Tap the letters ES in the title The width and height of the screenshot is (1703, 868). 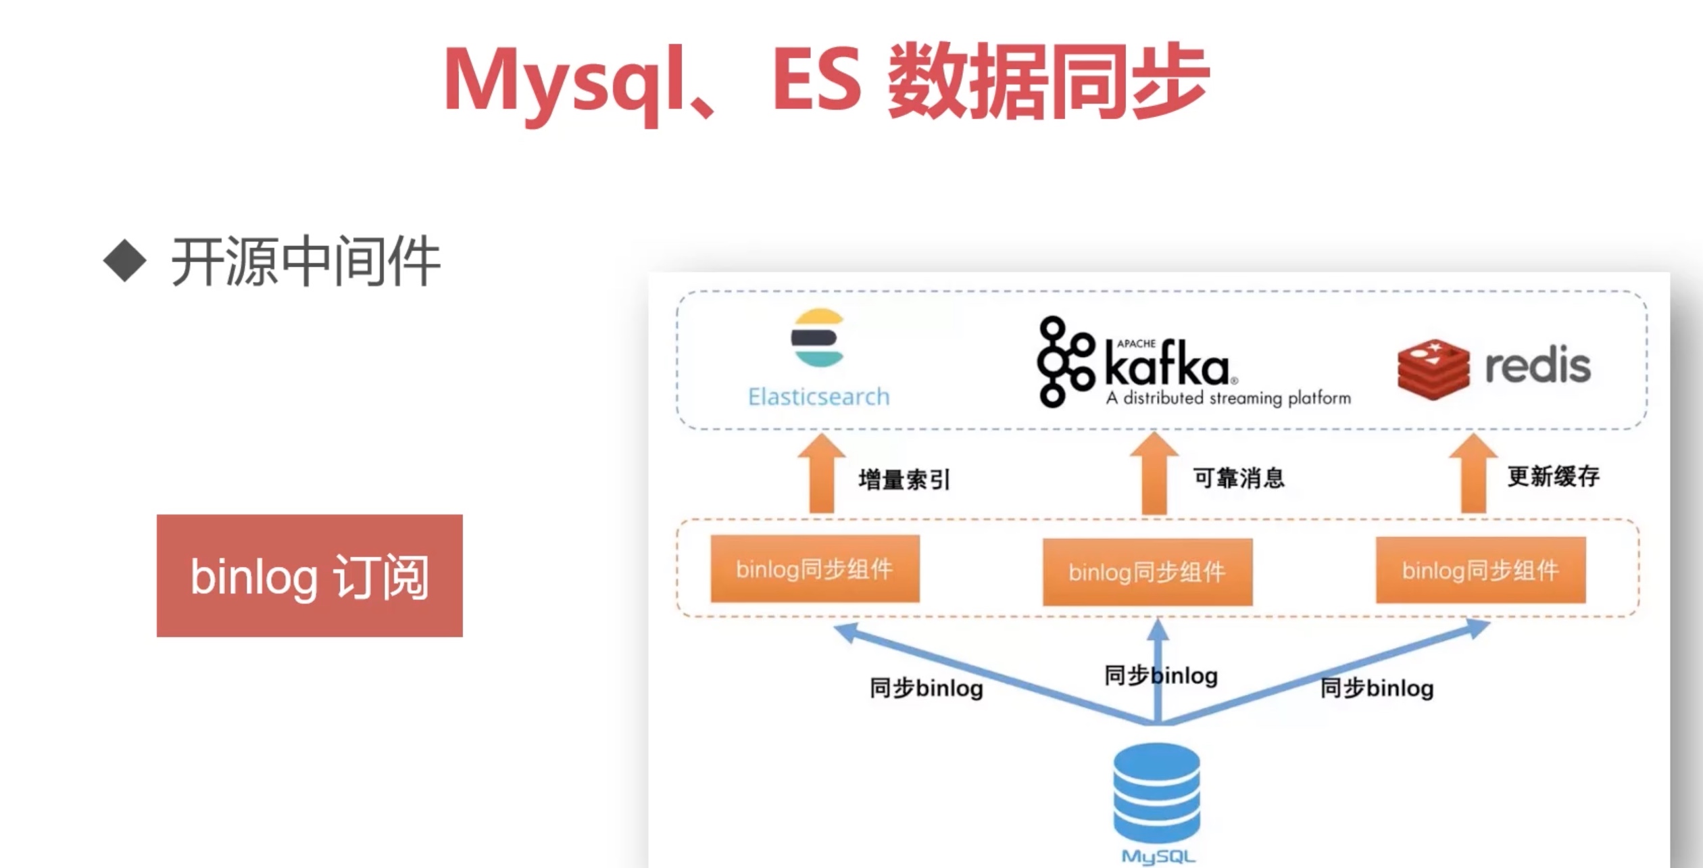(x=816, y=81)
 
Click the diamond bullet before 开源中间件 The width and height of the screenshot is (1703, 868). (x=125, y=260)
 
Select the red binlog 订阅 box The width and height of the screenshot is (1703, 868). (x=310, y=575)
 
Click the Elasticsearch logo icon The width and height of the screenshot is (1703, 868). (x=818, y=337)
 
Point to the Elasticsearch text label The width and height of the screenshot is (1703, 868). (x=818, y=397)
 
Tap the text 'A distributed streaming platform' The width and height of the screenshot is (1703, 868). (x=1228, y=398)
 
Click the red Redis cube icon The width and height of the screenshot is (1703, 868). (x=1433, y=368)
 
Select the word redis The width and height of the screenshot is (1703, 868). (x=1537, y=366)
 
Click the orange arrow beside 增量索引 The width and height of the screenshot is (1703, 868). (x=821, y=474)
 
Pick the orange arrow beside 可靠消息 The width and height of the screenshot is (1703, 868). (x=1154, y=474)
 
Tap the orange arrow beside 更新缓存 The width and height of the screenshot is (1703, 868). (x=1473, y=474)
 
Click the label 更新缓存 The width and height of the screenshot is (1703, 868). (x=1553, y=477)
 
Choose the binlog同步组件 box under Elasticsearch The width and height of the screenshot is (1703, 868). (x=814, y=569)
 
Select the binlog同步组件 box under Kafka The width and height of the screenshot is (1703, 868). (x=1147, y=572)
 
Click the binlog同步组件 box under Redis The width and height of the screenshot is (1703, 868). (x=1480, y=570)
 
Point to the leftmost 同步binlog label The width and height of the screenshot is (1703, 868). (x=926, y=688)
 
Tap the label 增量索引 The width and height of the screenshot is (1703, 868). (x=904, y=480)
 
